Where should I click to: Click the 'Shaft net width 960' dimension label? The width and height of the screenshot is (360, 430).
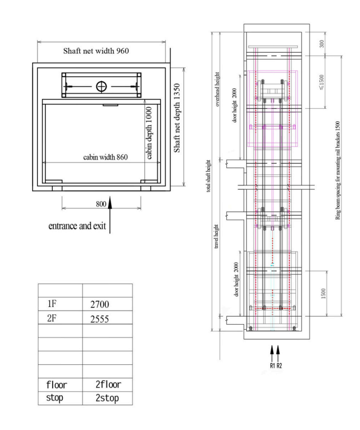[x=96, y=51]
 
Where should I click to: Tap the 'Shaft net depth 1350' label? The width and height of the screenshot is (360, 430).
[x=177, y=118]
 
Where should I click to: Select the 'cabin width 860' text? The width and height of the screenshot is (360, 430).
[x=105, y=157]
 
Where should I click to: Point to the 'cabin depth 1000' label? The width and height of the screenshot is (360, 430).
[x=149, y=133]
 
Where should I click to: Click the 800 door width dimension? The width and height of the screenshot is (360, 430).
[x=101, y=204]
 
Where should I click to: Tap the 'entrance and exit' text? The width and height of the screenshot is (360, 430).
[x=77, y=226]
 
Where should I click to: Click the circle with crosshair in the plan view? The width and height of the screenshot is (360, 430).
[x=101, y=86]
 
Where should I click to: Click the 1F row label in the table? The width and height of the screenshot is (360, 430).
[x=52, y=304]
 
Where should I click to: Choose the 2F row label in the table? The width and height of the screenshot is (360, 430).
[x=52, y=318]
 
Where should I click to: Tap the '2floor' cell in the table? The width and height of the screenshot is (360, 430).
[x=108, y=385]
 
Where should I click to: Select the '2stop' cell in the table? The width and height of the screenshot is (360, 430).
[x=107, y=398]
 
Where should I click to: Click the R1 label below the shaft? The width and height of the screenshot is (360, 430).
[x=272, y=365]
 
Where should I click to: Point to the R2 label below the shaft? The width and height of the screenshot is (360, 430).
[x=279, y=365]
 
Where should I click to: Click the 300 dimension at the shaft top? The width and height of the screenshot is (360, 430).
[x=322, y=44]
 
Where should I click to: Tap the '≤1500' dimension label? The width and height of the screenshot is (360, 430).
[x=322, y=82]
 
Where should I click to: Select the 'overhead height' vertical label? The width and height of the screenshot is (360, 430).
[x=217, y=89]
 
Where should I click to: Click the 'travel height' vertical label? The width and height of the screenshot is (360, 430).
[x=216, y=236]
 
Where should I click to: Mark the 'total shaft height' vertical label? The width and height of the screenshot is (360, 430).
[x=208, y=176]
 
